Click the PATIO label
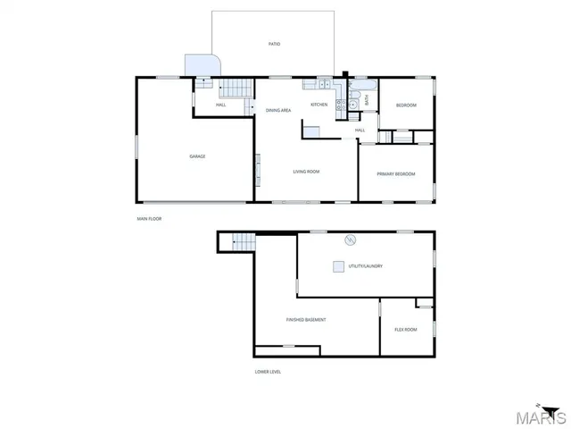tap(275, 43)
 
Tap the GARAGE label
tap(197, 156)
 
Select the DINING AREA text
tap(278, 110)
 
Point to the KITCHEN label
tap(319, 105)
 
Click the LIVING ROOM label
tap(306, 172)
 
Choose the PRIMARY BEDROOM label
tap(396, 174)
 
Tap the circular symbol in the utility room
tap(351, 240)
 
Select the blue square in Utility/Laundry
tap(338, 265)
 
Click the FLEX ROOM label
tap(406, 330)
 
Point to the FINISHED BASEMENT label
tap(305, 319)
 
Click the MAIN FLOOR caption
tap(149, 218)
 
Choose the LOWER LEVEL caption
tap(268, 372)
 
